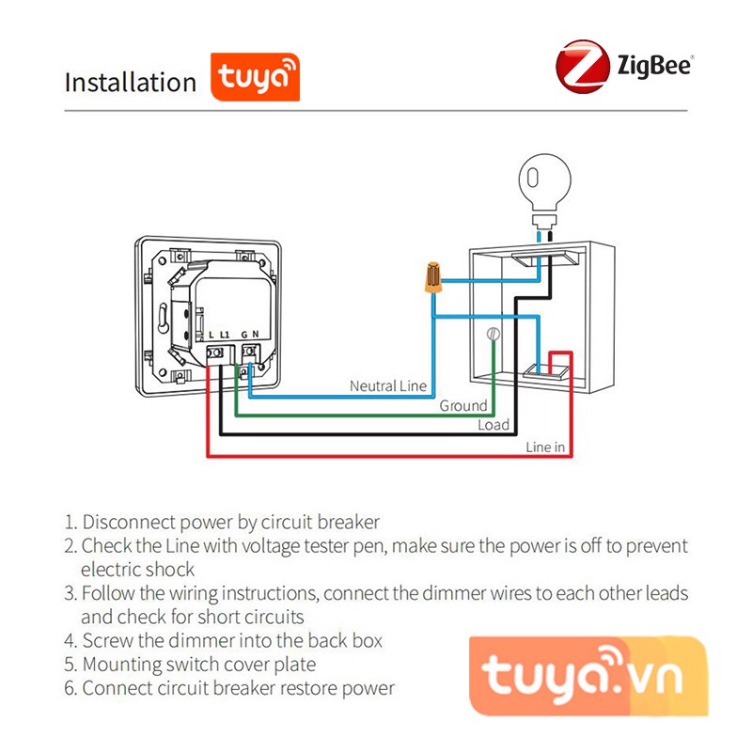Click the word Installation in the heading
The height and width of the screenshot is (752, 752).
click(x=130, y=82)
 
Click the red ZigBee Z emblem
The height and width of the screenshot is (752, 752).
click(x=581, y=66)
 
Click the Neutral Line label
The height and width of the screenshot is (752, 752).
click(x=388, y=386)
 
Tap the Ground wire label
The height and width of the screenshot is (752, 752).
click(x=463, y=406)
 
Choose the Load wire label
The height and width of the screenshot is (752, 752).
click(x=493, y=425)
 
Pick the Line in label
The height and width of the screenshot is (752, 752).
click(x=545, y=446)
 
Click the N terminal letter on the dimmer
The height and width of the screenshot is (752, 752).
click(x=255, y=335)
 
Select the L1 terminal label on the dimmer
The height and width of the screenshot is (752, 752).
click(x=225, y=335)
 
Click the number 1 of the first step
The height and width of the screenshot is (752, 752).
click(x=70, y=522)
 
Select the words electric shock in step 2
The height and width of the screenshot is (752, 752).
click(x=137, y=569)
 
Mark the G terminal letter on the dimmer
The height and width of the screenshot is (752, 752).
click(x=243, y=335)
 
